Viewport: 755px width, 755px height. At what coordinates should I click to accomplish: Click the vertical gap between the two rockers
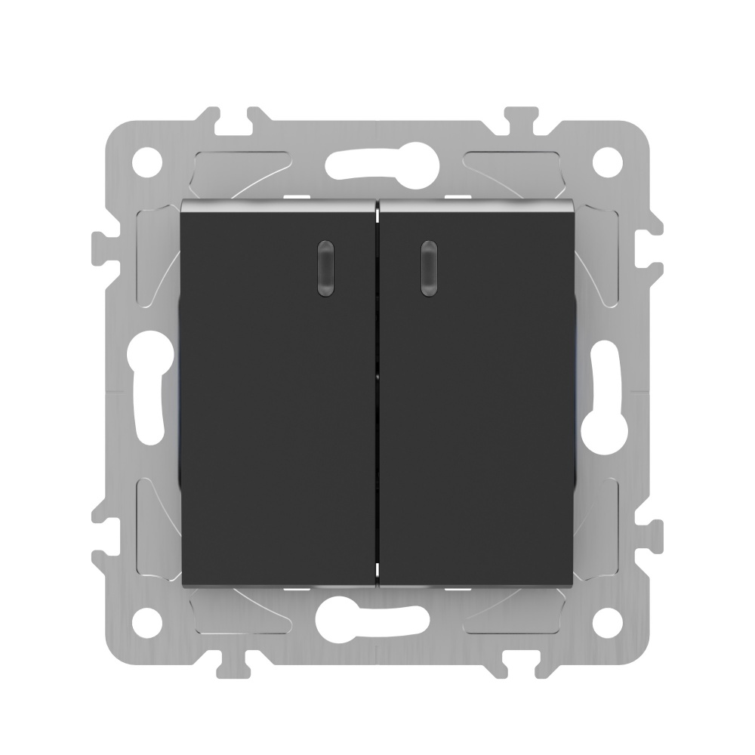pyautogui.click(x=377, y=393)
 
